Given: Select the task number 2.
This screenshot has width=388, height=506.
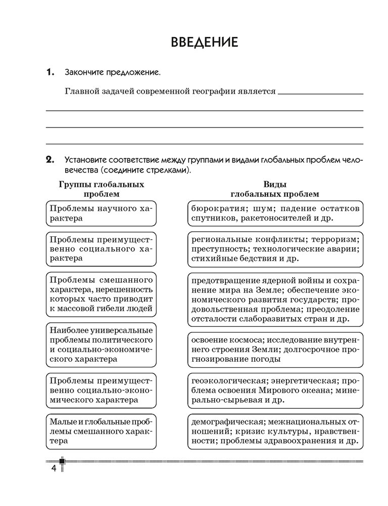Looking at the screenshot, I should click(50, 160).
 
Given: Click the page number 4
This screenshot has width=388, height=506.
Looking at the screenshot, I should click(53, 468).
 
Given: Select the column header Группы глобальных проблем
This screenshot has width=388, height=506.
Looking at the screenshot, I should click(102, 189).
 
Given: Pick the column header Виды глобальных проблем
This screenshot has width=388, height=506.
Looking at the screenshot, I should click(275, 189).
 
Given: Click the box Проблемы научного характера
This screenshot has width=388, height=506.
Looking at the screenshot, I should click(101, 213).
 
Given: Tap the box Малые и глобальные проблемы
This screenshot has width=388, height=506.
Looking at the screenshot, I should click(101, 431).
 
